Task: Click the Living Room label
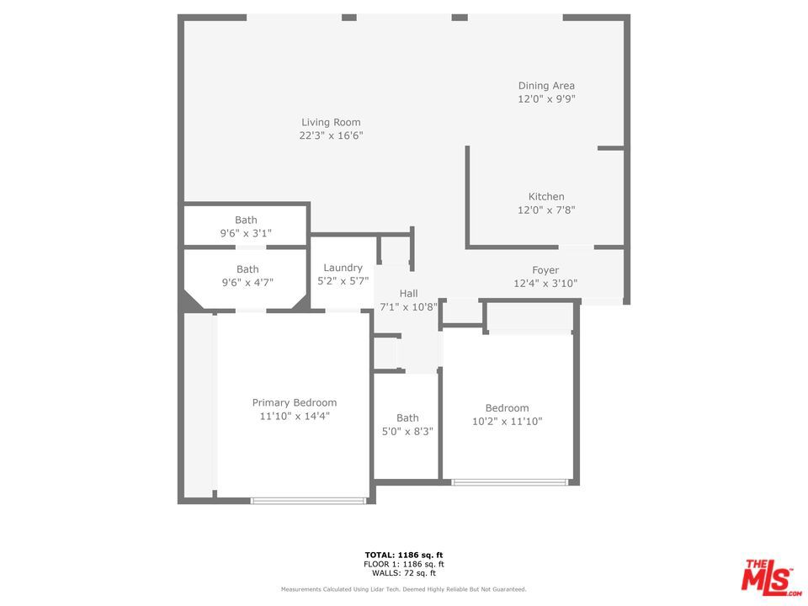click(x=331, y=122)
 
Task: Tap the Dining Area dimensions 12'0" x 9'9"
click(x=546, y=99)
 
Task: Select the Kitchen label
click(x=546, y=197)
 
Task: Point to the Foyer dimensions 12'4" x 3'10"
click(x=545, y=284)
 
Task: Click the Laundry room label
click(x=343, y=268)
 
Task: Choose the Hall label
click(x=409, y=294)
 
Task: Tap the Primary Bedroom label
click(x=295, y=403)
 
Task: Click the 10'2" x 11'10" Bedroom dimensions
click(x=507, y=422)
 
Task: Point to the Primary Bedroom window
click(x=308, y=500)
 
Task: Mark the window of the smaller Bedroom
click(x=509, y=482)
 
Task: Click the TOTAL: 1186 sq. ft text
click(x=404, y=555)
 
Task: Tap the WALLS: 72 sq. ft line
click(x=404, y=573)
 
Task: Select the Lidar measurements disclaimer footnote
click(x=403, y=589)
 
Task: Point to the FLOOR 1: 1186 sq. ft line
click(x=404, y=564)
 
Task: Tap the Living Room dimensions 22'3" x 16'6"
click(x=331, y=136)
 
